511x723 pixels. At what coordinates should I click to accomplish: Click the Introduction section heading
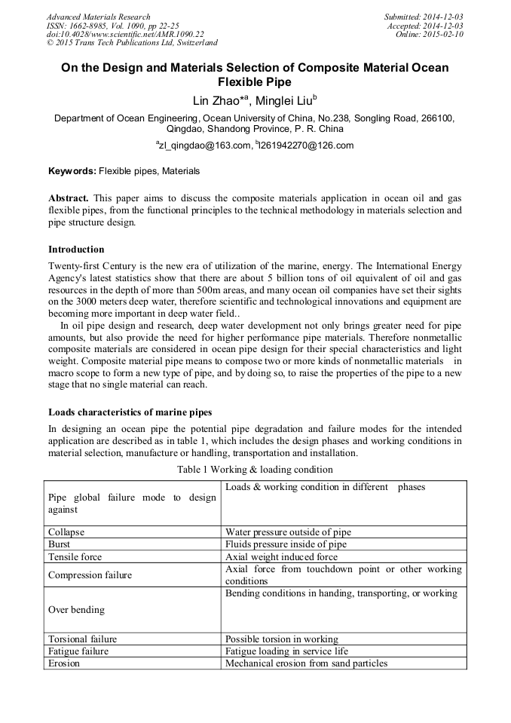coord(76,250)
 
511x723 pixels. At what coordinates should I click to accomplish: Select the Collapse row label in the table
coord(66,532)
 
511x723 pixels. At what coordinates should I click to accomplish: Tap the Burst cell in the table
coord(60,544)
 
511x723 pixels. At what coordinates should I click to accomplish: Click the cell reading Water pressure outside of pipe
coord(288,532)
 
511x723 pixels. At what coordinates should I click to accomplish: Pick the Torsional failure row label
coord(83,639)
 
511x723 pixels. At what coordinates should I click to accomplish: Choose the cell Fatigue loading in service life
coord(286,651)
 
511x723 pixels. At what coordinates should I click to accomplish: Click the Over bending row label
coord(76,609)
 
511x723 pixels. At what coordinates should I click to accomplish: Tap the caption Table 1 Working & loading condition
coord(255,469)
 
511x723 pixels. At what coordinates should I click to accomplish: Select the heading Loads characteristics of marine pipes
coord(130,412)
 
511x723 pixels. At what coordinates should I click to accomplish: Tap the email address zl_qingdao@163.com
coord(202,146)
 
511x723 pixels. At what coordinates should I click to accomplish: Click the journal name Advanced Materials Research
coord(99,17)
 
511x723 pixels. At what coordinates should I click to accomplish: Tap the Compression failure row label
coord(90,575)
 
